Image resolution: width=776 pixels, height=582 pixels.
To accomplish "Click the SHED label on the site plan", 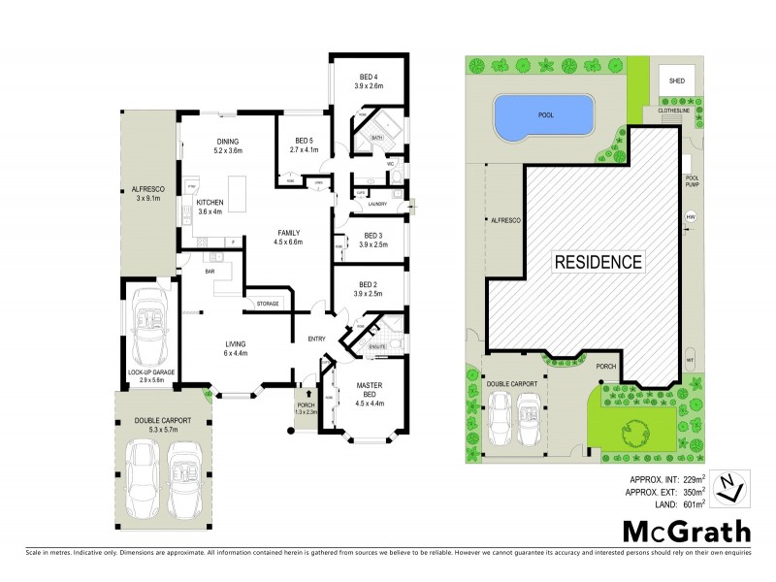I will [675, 81].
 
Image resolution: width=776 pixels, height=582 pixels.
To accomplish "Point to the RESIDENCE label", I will [598, 262].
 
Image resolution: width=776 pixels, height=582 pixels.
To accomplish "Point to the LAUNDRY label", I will [377, 204].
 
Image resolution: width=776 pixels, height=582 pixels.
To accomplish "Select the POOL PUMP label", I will [692, 181].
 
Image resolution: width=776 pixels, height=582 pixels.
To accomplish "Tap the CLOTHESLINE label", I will [675, 111].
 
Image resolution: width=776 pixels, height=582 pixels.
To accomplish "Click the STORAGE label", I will [268, 304].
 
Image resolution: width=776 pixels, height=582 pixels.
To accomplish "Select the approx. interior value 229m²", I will [690, 478].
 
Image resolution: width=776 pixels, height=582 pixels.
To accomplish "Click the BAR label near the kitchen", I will [209, 272].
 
